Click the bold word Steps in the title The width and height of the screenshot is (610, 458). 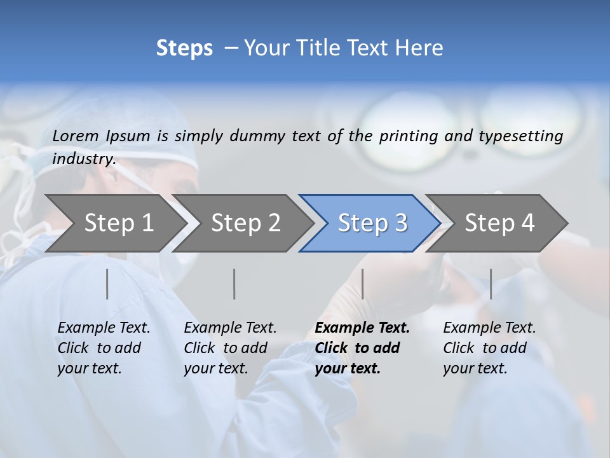click(184, 48)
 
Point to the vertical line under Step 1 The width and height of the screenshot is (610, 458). click(107, 284)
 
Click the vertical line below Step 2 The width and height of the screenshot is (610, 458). click(234, 284)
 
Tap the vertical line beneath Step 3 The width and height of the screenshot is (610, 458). click(363, 284)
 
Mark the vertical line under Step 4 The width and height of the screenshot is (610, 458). click(491, 284)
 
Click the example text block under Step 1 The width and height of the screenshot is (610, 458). click(104, 348)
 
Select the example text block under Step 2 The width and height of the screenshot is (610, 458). click(230, 348)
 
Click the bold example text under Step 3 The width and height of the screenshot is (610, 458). click(362, 348)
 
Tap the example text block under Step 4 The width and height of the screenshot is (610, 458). click(489, 348)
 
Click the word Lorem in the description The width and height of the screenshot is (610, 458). click(76, 135)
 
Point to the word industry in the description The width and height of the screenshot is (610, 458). click(84, 159)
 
